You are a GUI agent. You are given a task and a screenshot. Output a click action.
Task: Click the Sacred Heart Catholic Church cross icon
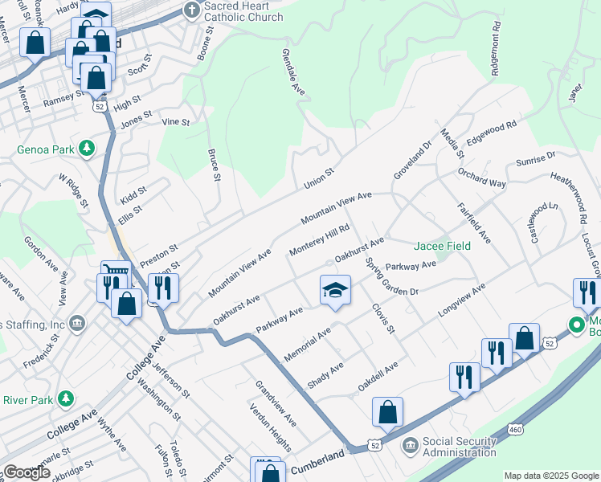tap(190, 10)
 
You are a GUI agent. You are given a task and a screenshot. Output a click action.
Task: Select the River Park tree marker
tap(65, 398)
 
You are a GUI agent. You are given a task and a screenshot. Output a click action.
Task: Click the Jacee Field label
tap(441, 246)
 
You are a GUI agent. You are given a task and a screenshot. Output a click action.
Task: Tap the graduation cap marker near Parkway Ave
tap(336, 290)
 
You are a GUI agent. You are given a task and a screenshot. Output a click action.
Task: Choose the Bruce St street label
tap(214, 165)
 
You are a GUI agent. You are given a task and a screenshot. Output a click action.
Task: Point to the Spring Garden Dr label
tap(391, 276)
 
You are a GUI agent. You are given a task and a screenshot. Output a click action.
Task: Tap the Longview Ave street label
tap(462, 300)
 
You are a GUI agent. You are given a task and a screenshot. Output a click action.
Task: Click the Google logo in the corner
tap(27, 472)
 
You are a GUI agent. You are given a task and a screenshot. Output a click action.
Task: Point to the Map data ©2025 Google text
tap(550, 475)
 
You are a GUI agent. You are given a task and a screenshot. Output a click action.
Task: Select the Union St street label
tap(318, 178)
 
